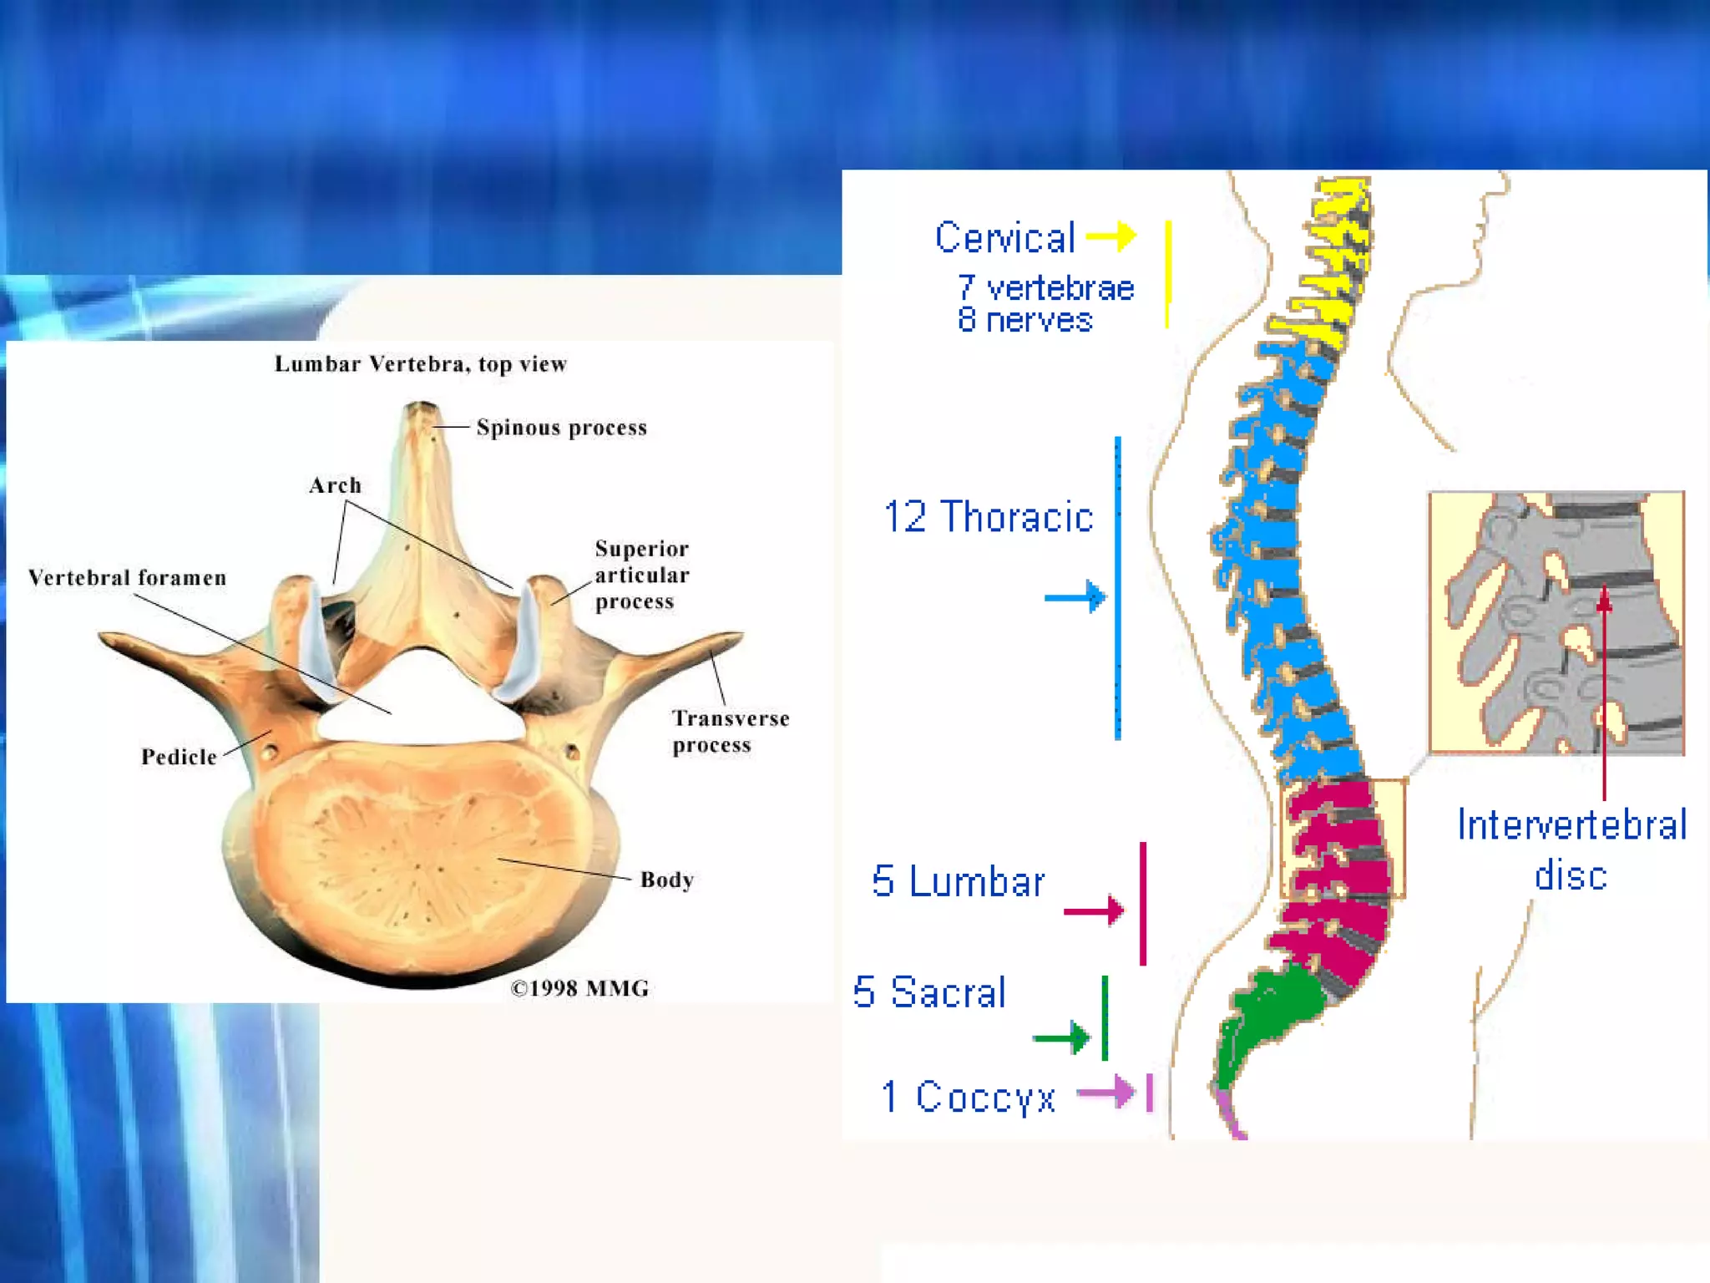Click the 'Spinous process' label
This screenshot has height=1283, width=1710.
[561, 428]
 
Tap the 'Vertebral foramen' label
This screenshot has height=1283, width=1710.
[127, 577]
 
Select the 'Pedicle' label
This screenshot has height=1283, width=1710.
[179, 757]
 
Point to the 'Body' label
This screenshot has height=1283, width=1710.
[666, 880]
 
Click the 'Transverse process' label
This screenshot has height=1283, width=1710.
[730, 731]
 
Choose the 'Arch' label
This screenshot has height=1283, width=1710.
[335, 485]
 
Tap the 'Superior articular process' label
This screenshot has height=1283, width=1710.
[641, 575]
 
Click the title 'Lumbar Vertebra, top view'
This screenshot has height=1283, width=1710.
[421, 364]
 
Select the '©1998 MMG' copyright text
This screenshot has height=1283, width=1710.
[579, 988]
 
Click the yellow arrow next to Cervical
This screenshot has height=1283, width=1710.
[1111, 236]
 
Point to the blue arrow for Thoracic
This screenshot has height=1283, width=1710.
[1075, 596]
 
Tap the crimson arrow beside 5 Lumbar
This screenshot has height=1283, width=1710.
[1094, 910]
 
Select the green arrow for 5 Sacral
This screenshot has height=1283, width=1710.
[1062, 1037]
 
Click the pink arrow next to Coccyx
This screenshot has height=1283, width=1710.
[1106, 1091]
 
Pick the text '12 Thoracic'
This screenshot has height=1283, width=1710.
[988, 517]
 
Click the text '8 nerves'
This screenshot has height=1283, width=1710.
[1024, 320]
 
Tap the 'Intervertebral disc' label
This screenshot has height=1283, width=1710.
[1571, 849]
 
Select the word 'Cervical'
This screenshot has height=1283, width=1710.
[1004, 238]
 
